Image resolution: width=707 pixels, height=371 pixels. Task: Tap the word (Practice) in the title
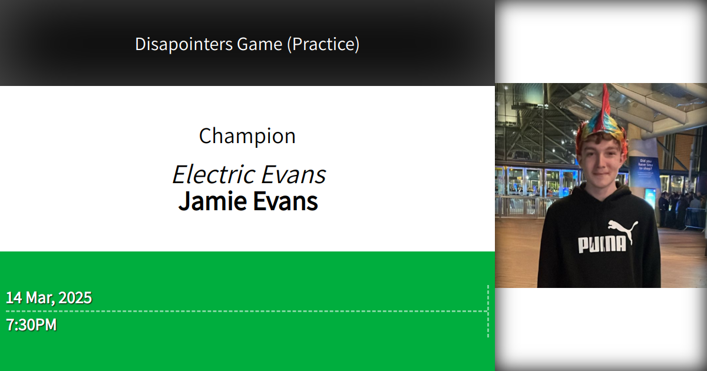pos(323,44)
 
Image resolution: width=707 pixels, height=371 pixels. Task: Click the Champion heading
pos(247,136)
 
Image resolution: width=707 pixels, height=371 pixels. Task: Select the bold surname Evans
pos(285,201)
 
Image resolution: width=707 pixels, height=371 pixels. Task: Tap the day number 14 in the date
pos(14,298)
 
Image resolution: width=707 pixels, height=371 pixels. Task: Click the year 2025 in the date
pos(75,298)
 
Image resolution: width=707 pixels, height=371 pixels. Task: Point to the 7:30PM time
pos(31,324)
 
